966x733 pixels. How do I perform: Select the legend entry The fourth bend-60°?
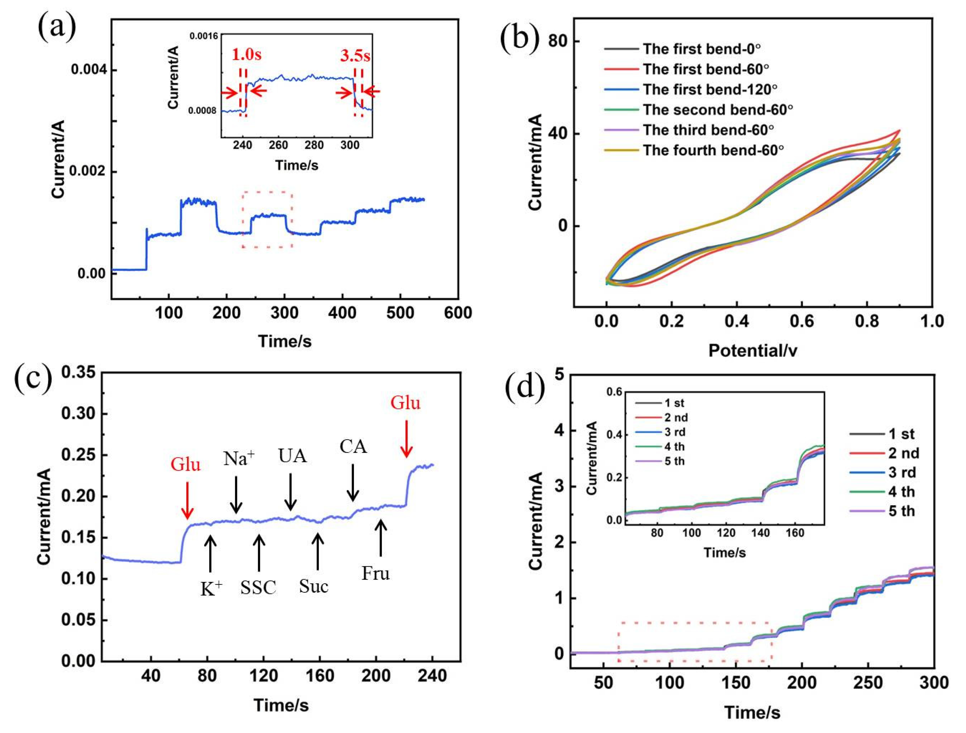[713, 150]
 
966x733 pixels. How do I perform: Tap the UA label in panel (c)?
[292, 456]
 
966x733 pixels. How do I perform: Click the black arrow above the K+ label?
[210, 553]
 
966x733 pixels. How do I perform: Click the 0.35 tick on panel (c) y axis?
[78, 373]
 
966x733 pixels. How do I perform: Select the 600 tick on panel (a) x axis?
[458, 313]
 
